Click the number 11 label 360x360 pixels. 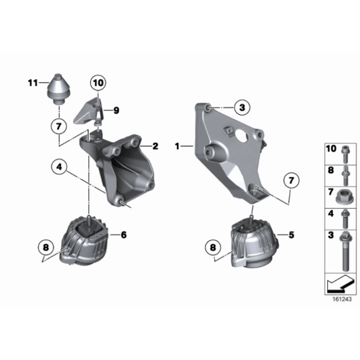coord(33,82)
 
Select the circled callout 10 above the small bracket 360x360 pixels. coord(98,82)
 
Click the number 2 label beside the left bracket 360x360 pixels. coord(155,146)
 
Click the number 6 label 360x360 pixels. coord(123,235)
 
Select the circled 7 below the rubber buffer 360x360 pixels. coord(59,127)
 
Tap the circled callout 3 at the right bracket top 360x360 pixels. coord(243,107)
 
